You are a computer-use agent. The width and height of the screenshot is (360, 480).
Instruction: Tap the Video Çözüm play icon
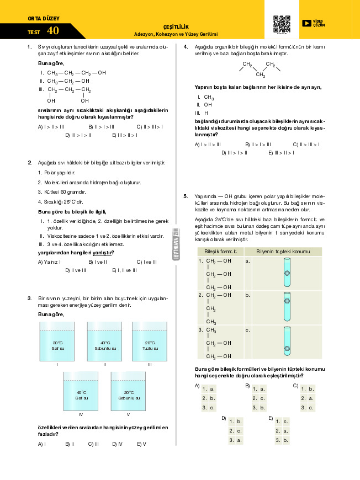pos(306,23)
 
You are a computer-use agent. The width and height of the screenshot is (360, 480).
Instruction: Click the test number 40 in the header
pos(53,31)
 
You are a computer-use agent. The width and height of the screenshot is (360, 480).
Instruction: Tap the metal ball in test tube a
pos(287,274)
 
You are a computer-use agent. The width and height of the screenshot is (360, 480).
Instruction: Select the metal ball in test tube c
pos(287,348)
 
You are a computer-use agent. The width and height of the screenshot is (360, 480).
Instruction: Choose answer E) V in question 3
pos(141,444)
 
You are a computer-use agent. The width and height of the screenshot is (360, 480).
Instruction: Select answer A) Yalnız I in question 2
pos(49,262)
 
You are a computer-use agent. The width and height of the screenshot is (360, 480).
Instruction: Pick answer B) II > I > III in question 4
pos(258,145)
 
